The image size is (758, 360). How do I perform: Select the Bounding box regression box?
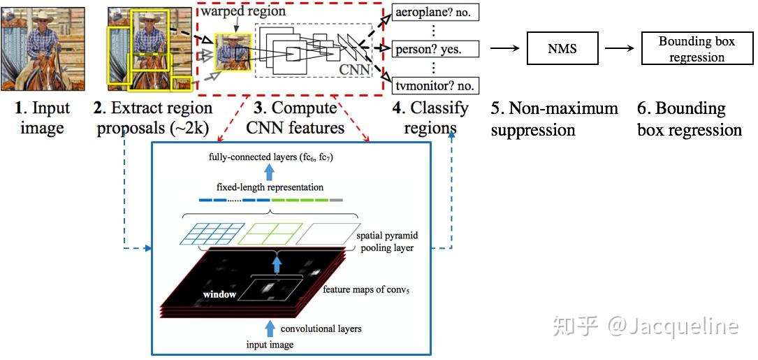pos(697,48)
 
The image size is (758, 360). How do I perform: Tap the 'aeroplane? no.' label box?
pos(433,12)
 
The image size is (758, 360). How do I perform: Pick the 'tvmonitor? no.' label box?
pos(433,85)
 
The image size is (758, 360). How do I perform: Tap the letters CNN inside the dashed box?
pos(356,70)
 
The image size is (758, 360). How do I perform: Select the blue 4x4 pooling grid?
pos(209,233)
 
